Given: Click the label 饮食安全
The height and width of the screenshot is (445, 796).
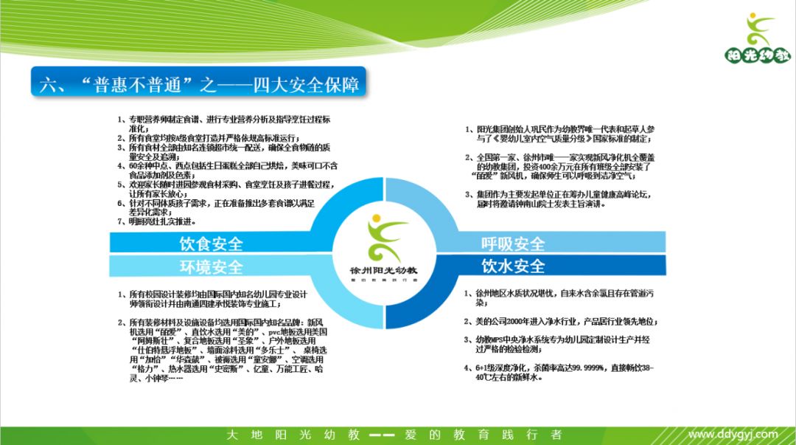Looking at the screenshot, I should click(x=211, y=244).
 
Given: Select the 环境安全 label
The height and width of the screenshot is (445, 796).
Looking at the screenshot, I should click(x=211, y=266).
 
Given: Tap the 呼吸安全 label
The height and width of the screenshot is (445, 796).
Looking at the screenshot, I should click(x=513, y=244).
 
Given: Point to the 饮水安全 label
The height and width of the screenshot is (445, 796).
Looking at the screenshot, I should click(x=513, y=266).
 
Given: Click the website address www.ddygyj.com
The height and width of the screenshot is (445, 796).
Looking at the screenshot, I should click(x=733, y=435).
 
